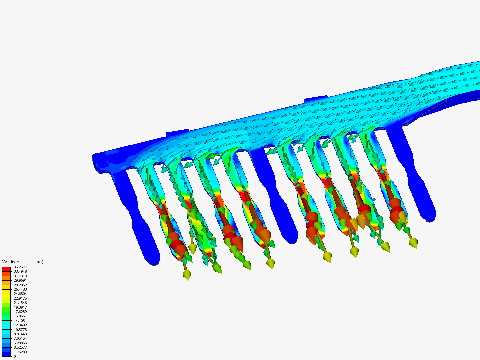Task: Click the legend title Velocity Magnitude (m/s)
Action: pyautogui.click(x=23, y=262)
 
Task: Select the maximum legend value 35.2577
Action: pyautogui.click(x=20, y=267)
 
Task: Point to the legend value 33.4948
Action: pyautogui.click(x=20, y=271)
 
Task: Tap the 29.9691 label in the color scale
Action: pyautogui.click(x=20, y=280)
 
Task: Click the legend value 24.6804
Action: pyautogui.click(x=20, y=294)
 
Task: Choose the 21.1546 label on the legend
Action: pyautogui.click(x=20, y=303)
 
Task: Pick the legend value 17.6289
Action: pyautogui.click(x=20, y=312)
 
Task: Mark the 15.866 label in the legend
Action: pyautogui.click(x=19, y=316)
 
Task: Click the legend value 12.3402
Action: pyautogui.click(x=20, y=325)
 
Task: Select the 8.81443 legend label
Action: pyautogui.click(x=20, y=334)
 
